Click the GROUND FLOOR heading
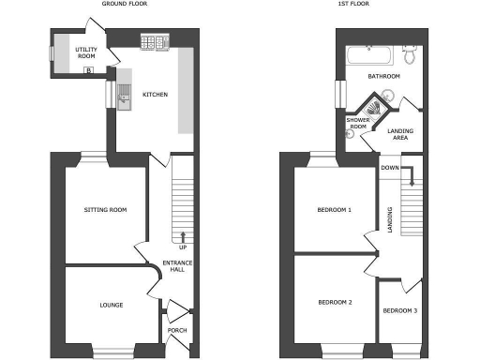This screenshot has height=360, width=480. (124, 5)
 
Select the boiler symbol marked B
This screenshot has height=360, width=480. (89, 69)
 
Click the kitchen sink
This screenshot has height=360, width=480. (123, 94)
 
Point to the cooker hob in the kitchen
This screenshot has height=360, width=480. (152, 41)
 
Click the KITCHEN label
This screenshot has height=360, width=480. (155, 95)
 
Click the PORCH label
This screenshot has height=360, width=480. (176, 331)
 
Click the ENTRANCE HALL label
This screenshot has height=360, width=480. (177, 266)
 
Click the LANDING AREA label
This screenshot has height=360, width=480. (398, 135)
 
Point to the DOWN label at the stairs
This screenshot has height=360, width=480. (390, 169)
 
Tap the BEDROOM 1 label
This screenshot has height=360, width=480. (334, 210)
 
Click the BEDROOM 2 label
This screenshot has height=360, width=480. (334, 302)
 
